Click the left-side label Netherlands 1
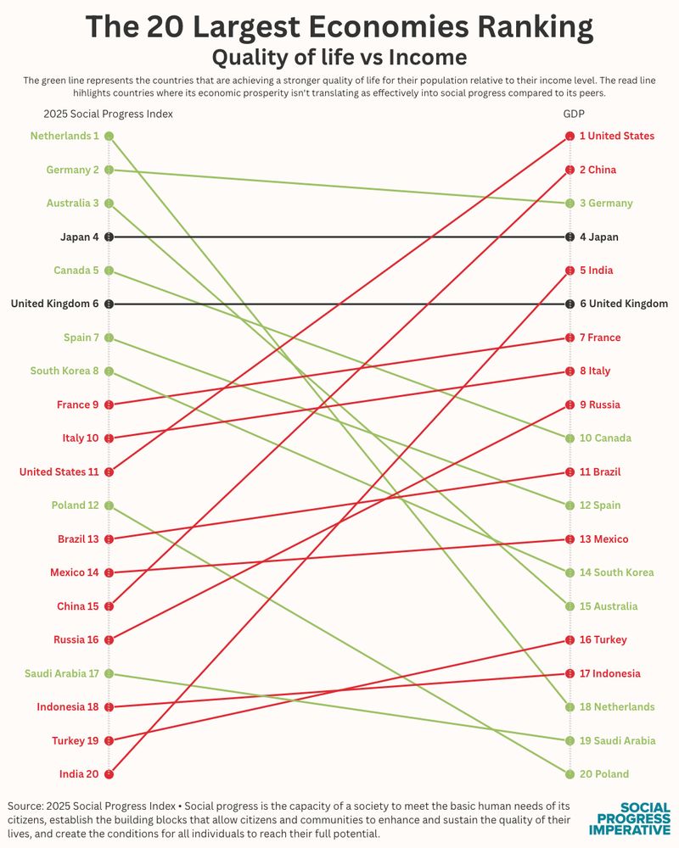[65, 136]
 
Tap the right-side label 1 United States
[616, 136]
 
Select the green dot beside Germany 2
[109, 170]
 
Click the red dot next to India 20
[109, 774]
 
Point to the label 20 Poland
[604, 774]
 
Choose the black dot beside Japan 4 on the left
[109, 237]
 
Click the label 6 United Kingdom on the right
[623, 304]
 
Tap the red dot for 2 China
[570, 170]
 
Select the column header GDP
[574, 114]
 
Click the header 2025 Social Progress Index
[109, 114]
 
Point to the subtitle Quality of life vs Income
[339, 58]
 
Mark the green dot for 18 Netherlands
[570, 707]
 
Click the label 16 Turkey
[603, 639]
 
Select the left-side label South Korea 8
[65, 371]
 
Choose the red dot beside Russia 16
[109, 639]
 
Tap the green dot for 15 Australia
[570, 606]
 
